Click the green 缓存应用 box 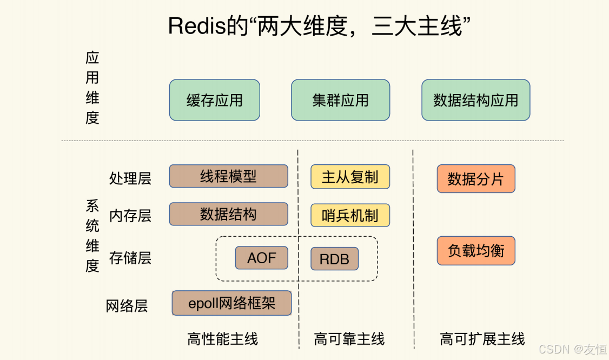[x=214, y=100]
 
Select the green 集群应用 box [x=340, y=100]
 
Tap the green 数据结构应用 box [x=475, y=100]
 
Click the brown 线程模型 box [x=228, y=176]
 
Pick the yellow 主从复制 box [x=350, y=177]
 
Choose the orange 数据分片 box [x=475, y=179]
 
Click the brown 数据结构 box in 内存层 [x=228, y=214]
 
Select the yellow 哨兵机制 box [x=350, y=215]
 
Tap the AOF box [x=261, y=258]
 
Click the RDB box [x=334, y=259]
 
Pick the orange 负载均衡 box [x=475, y=251]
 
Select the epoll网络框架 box [x=231, y=303]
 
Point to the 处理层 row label [x=130, y=178]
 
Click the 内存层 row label [x=130, y=216]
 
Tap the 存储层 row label [x=130, y=258]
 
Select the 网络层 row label [x=127, y=306]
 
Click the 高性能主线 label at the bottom [x=222, y=339]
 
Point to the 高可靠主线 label [x=349, y=339]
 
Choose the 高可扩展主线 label [x=482, y=339]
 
